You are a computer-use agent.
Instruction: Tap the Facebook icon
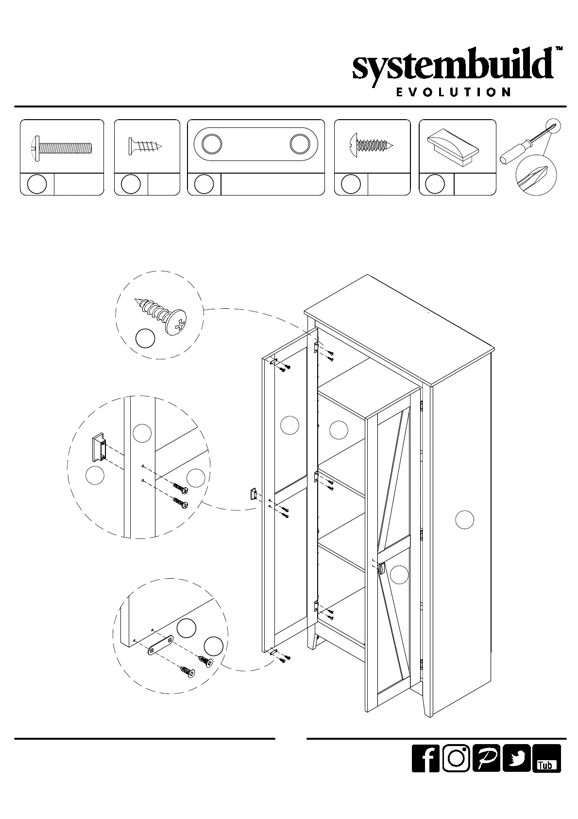[x=425, y=771]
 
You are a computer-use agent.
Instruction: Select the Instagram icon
[x=456, y=771]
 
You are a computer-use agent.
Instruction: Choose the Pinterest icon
[x=486, y=771]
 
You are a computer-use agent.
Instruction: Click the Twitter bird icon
[x=517, y=771]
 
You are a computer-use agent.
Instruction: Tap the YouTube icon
[x=546, y=771]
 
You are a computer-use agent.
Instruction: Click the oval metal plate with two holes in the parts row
[x=255, y=144]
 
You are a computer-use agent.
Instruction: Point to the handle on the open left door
[x=253, y=494]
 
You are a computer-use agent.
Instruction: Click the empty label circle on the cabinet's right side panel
[x=464, y=520]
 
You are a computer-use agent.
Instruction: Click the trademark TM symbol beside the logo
[x=559, y=49]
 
